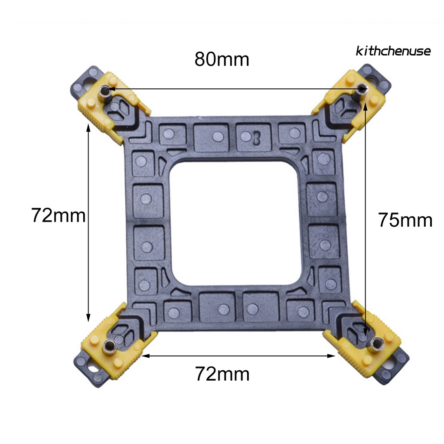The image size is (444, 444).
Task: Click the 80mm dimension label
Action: (222, 59)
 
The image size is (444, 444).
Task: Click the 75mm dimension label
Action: (405, 220)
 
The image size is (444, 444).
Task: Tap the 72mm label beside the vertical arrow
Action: (59, 215)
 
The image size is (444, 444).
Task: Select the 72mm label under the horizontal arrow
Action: (222, 374)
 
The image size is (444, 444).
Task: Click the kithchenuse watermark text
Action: (393, 51)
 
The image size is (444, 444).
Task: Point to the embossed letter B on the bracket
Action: (257, 138)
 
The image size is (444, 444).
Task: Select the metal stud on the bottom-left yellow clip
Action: (109, 346)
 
